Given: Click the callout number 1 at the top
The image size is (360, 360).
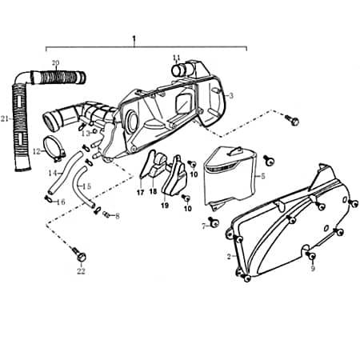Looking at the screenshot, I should pos(134,38).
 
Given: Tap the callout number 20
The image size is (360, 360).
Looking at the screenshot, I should pos(55,63).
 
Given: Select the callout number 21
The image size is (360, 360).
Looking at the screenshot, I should pos(6,119).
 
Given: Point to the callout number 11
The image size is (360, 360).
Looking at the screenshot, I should pos(177,57).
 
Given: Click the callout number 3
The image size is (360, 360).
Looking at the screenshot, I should pos(231,95).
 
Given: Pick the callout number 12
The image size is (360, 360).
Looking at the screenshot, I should pos(36,150).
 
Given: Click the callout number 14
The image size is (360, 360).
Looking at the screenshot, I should pos(51,172).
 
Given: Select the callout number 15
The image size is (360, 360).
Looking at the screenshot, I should pos(87,186).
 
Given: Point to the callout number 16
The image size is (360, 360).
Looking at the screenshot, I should pos(62,202).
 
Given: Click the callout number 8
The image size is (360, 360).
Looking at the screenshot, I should pos(117,216).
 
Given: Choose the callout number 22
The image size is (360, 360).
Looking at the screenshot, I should pos(81,270).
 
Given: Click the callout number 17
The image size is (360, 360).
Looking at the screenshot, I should pos(139,193).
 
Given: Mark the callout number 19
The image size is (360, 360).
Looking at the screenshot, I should pos(164,205).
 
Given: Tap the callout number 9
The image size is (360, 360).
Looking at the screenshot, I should pos(313,269).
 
